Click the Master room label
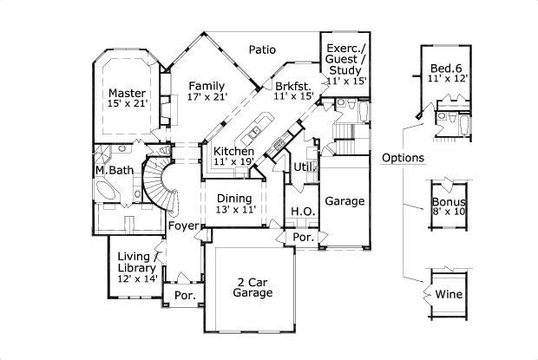tap(127, 93)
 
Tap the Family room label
tap(207, 86)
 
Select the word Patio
tap(262, 49)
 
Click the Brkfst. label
tap(293, 86)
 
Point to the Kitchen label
tap(233, 151)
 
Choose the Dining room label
tap(233, 198)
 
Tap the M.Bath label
tap(115, 170)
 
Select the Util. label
tap(304, 166)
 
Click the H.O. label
tap(302, 211)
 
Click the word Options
tap(403, 158)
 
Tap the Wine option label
tap(449, 293)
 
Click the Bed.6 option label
tap(449, 69)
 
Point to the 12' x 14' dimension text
tap(138, 278)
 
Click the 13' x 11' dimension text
tap(233, 209)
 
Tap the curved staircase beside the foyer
tap(159, 182)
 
